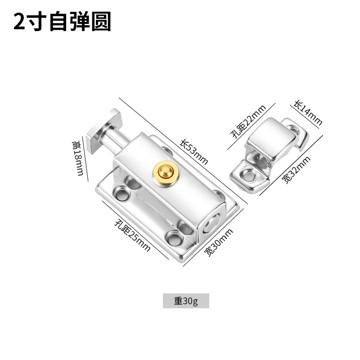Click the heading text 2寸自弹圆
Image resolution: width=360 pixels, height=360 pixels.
pos(62,22)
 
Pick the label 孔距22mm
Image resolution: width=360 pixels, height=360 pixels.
pos(247,122)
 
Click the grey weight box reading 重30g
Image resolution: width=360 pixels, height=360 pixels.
pos(186,301)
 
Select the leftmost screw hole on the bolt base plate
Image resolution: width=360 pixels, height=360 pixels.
pos(121,193)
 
